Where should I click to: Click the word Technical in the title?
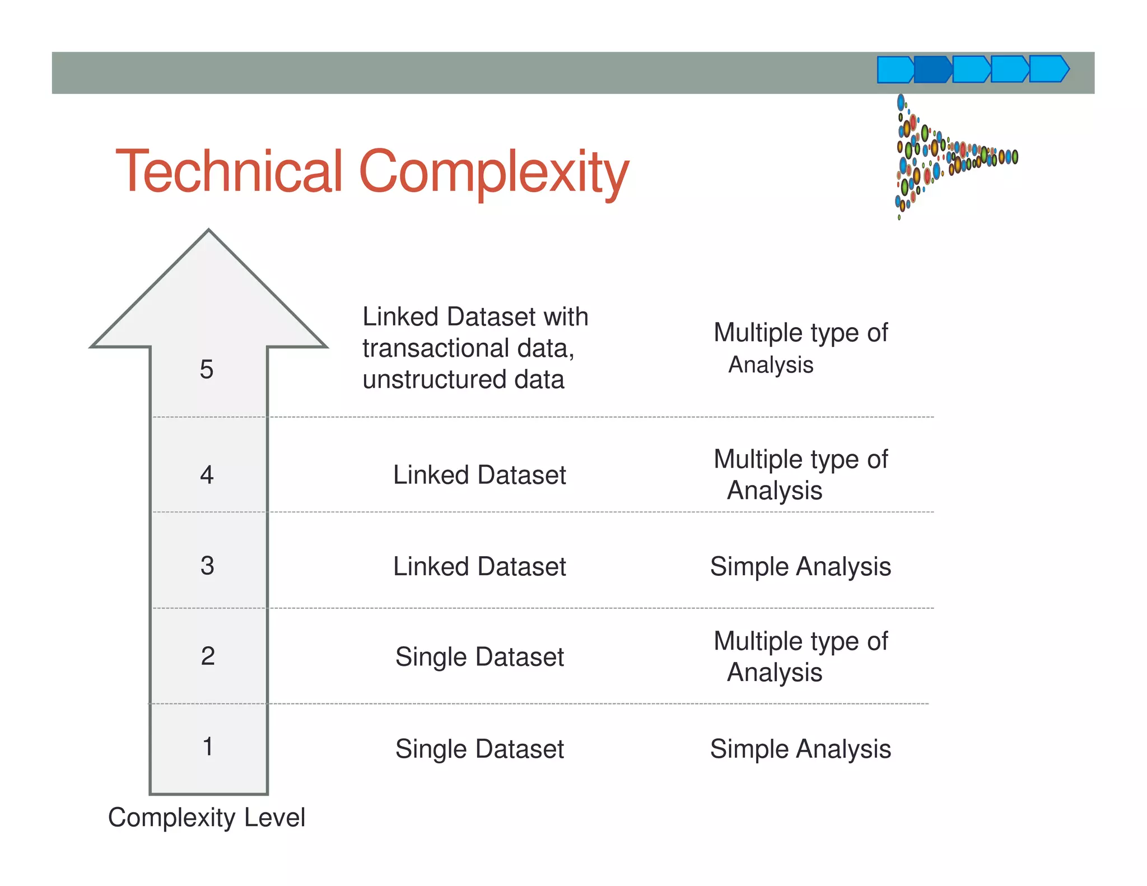[x=229, y=171]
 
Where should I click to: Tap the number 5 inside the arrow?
[x=207, y=370]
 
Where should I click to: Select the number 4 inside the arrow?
[x=207, y=475]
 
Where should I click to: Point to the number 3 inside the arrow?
[x=207, y=566]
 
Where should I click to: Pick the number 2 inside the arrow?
[x=208, y=656]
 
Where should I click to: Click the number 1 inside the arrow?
[x=208, y=747]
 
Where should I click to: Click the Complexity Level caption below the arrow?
[x=207, y=818]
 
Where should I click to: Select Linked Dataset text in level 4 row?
[x=479, y=475]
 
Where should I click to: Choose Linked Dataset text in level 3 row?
[x=479, y=566]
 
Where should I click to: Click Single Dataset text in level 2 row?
[x=479, y=657]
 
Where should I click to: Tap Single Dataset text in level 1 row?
[x=479, y=749]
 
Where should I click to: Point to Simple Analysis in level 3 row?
[x=800, y=566]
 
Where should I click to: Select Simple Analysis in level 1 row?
[x=800, y=749]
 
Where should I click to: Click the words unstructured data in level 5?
[x=463, y=380]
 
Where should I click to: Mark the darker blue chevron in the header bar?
[x=932, y=69]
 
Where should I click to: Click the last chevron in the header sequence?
[x=1049, y=69]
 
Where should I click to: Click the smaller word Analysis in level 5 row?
[x=771, y=365]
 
